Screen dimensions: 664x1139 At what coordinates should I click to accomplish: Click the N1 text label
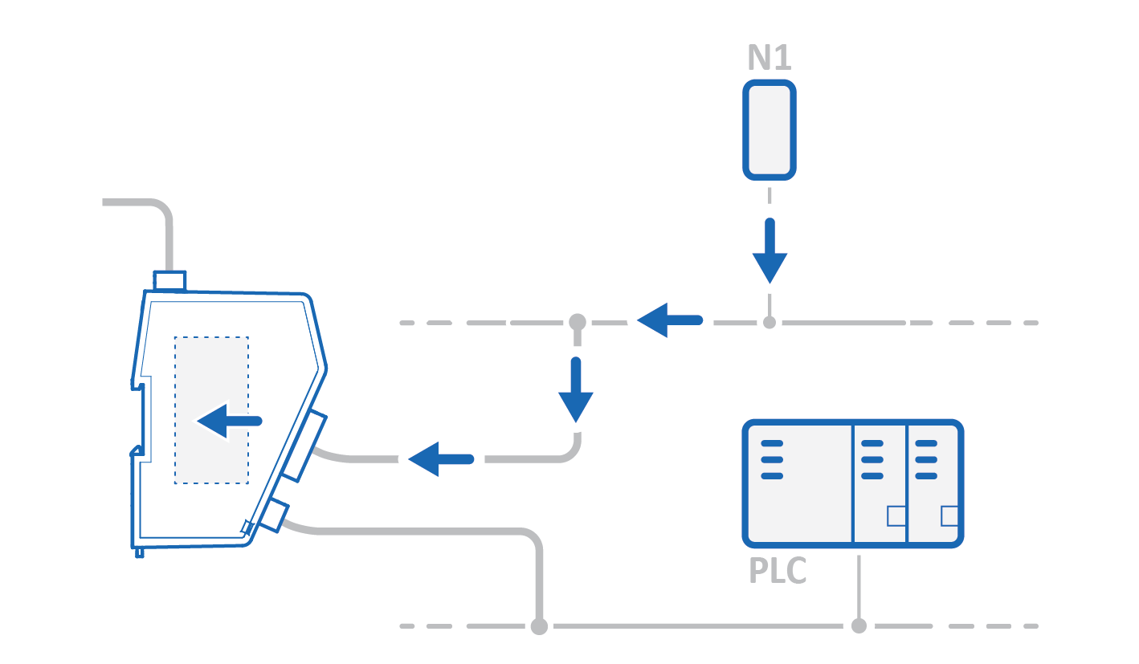pos(769,58)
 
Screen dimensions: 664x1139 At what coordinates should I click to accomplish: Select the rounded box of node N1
pos(769,129)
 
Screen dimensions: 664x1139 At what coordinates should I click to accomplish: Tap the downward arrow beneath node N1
pos(770,251)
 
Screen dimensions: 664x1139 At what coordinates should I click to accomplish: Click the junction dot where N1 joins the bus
pos(770,323)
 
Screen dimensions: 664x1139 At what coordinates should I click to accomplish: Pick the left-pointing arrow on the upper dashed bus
pos(669,320)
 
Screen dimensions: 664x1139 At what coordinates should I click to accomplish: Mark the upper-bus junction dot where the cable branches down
pos(576,323)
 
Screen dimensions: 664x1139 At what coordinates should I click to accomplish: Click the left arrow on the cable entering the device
pos(440,459)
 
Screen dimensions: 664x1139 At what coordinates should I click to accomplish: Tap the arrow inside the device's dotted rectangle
pos(229,421)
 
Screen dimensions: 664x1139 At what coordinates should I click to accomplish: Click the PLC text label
pos(778,571)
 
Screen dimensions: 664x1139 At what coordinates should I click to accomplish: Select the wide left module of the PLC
pos(798,483)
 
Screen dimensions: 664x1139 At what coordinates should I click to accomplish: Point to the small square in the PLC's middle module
pos(896,515)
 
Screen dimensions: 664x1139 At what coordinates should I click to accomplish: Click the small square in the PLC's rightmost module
pos(949,515)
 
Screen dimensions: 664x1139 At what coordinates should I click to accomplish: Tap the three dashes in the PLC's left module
pos(771,459)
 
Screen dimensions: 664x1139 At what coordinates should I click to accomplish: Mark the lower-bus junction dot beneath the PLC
pos(859,625)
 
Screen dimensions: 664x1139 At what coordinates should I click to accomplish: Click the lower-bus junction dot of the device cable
pos(539,625)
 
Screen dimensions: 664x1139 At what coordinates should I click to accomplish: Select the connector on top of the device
pos(169,281)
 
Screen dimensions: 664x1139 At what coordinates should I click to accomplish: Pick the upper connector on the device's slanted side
pos(305,446)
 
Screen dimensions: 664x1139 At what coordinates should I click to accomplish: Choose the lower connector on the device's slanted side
pos(272,515)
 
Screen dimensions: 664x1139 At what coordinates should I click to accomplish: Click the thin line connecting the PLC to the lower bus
pos(859,586)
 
